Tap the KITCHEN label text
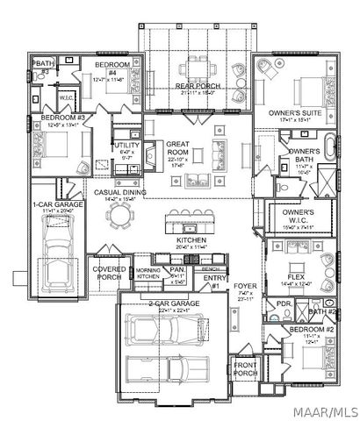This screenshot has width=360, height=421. tap(191, 239)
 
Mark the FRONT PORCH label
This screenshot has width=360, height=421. tap(245, 368)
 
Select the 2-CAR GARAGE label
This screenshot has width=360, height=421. tap(173, 303)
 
